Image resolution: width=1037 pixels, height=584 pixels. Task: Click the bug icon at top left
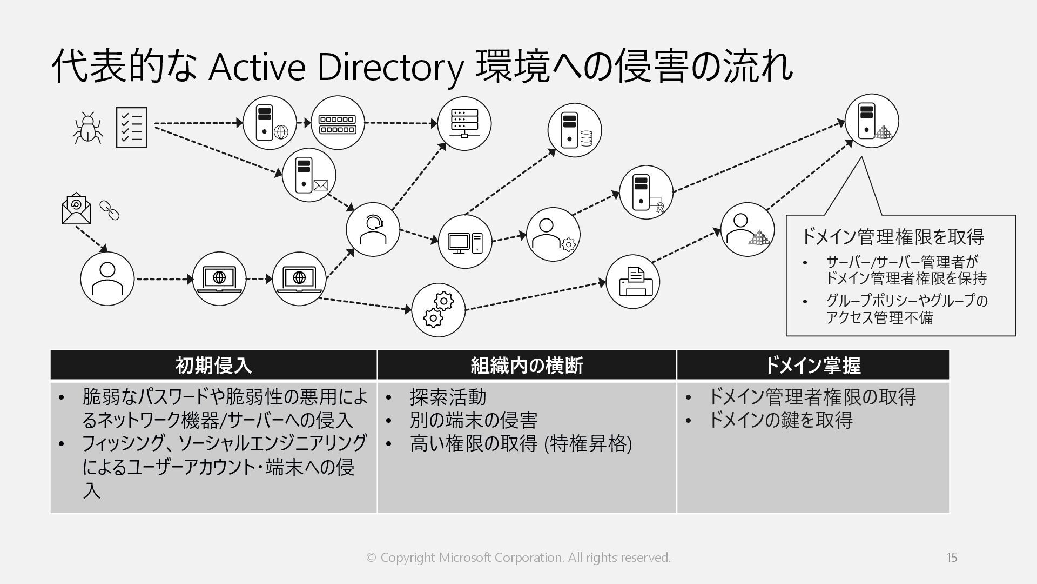click(x=87, y=128)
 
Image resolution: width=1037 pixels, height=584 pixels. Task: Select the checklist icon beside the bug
click(x=131, y=128)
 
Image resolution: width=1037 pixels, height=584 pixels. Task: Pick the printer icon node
click(x=632, y=282)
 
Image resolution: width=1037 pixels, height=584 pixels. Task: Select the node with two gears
click(x=438, y=310)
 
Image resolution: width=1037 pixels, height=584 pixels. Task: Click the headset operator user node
click(x=373, y=229)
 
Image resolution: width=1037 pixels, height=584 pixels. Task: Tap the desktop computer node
click(x=464, y=242)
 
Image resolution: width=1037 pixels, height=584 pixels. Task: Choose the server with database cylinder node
click(x=574, y=130)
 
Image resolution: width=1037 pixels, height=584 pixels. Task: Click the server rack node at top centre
click(x=464, y=123)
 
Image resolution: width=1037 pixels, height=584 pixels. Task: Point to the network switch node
click(x=338, y=123)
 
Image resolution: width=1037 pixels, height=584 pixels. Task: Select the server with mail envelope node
click(x=309, y=176)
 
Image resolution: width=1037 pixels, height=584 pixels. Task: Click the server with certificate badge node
click(x=646, y=192)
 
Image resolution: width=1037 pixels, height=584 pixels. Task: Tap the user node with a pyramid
click(x=748, y=229)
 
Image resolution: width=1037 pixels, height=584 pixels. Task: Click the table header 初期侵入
click(x=213, y=366)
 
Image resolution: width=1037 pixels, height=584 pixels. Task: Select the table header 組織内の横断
click(x=527, y=366)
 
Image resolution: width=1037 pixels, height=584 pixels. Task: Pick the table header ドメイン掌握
click(x=812, y=366)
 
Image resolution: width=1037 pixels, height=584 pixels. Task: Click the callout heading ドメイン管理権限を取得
click(x=891, y=236)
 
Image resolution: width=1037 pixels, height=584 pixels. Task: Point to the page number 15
click(x=952, y=558)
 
